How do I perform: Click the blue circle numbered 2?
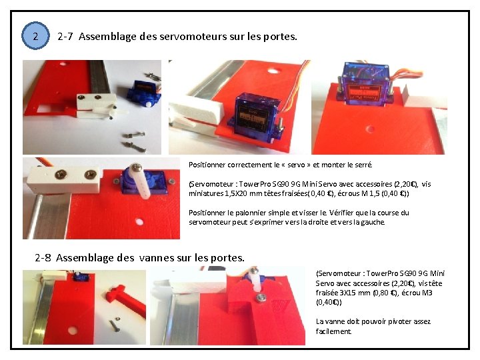[35, 36]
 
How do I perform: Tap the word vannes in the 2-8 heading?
[157, 258]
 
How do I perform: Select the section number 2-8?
[43, 258]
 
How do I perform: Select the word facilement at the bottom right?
[333, 331]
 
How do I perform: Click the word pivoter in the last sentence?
[399, 321]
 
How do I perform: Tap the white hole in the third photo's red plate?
[371, 128]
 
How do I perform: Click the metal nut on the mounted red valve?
[261, 296]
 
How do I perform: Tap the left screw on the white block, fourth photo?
[61, 175]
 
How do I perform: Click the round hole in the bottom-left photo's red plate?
[72, 331]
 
